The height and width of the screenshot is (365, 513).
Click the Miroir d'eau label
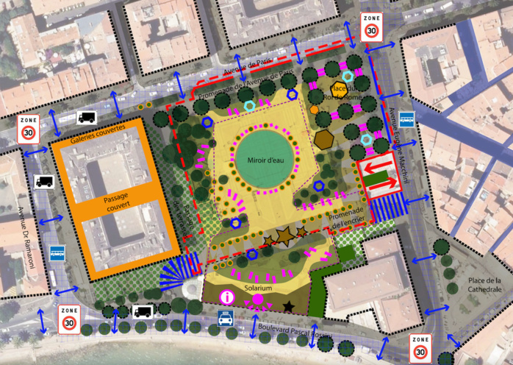[267, 160]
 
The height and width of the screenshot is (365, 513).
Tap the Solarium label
[259, 288]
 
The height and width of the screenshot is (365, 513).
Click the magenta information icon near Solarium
[227, 297]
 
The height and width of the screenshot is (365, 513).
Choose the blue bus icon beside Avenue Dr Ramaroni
[57, 252]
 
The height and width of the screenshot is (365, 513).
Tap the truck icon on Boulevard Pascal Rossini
[143, 311]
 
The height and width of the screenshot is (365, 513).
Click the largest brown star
[283, 235]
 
